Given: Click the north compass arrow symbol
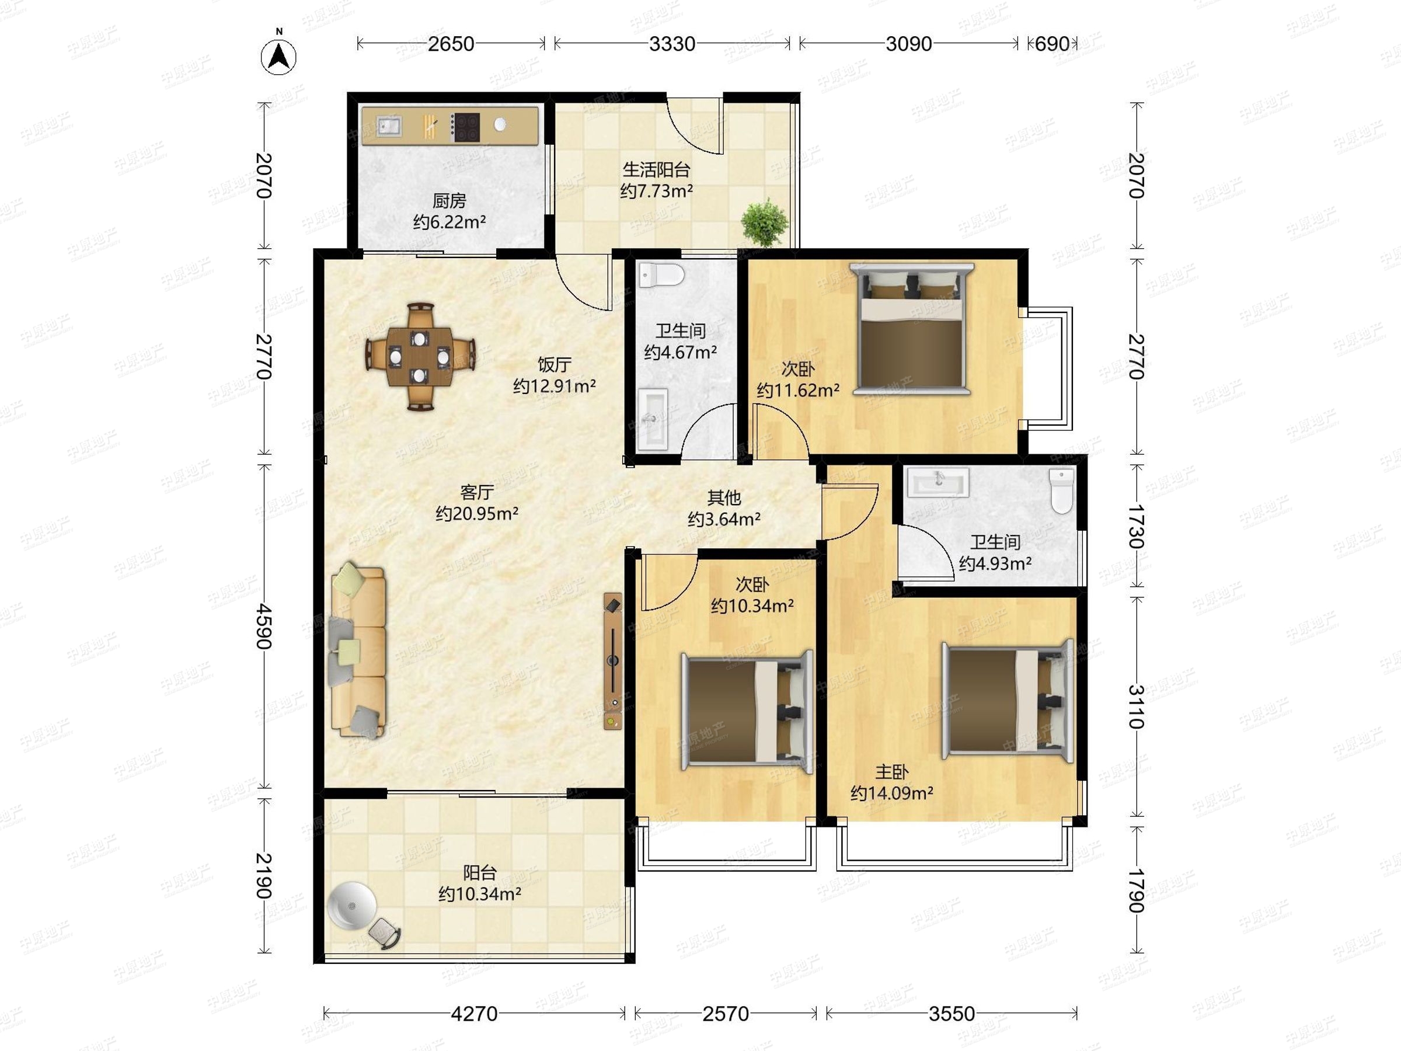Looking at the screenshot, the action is pyautogui.click(x=278, y=57).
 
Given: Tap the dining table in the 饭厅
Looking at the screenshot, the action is pyautogui.click(x=419, y=357).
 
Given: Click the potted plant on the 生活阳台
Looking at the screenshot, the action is pyautogui.click(x=765, y=222).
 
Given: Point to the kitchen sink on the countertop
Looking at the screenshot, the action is pyautogui.click(x=389, y=126).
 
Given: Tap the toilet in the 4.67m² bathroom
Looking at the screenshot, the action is pyautogui.click(x=661, y=276).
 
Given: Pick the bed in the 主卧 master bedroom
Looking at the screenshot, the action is pyautogui.click(x=1007, y=699).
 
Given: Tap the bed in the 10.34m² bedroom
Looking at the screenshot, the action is pyautogui.click(x=747, y=711).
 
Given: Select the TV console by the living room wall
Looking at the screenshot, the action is pyautogui.click(x=612, y=661).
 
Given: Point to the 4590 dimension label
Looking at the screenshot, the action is pyautogui.click(x=263, y=627).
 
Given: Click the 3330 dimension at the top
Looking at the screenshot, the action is pyautogui.click(x=672, y=44).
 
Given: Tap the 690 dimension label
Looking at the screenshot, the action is pyautogui.click(x=1051, y=44).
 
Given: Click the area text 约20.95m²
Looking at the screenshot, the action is pyautogui.click(x=477, y=513).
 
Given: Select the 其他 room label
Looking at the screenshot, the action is pyautogui.click(x=724, y=497).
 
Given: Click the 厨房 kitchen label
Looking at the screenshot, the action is pyautogui.click(x=449, y=201).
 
